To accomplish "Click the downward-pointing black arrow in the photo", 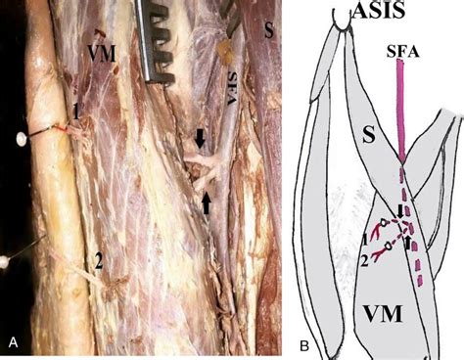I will click(201, 140).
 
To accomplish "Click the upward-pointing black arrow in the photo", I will click(208, 203).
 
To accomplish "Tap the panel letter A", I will click(13, 340).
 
